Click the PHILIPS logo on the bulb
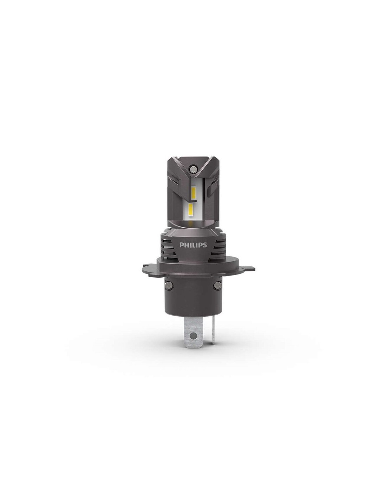point(193,245)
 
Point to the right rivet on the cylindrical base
point(216,285)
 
